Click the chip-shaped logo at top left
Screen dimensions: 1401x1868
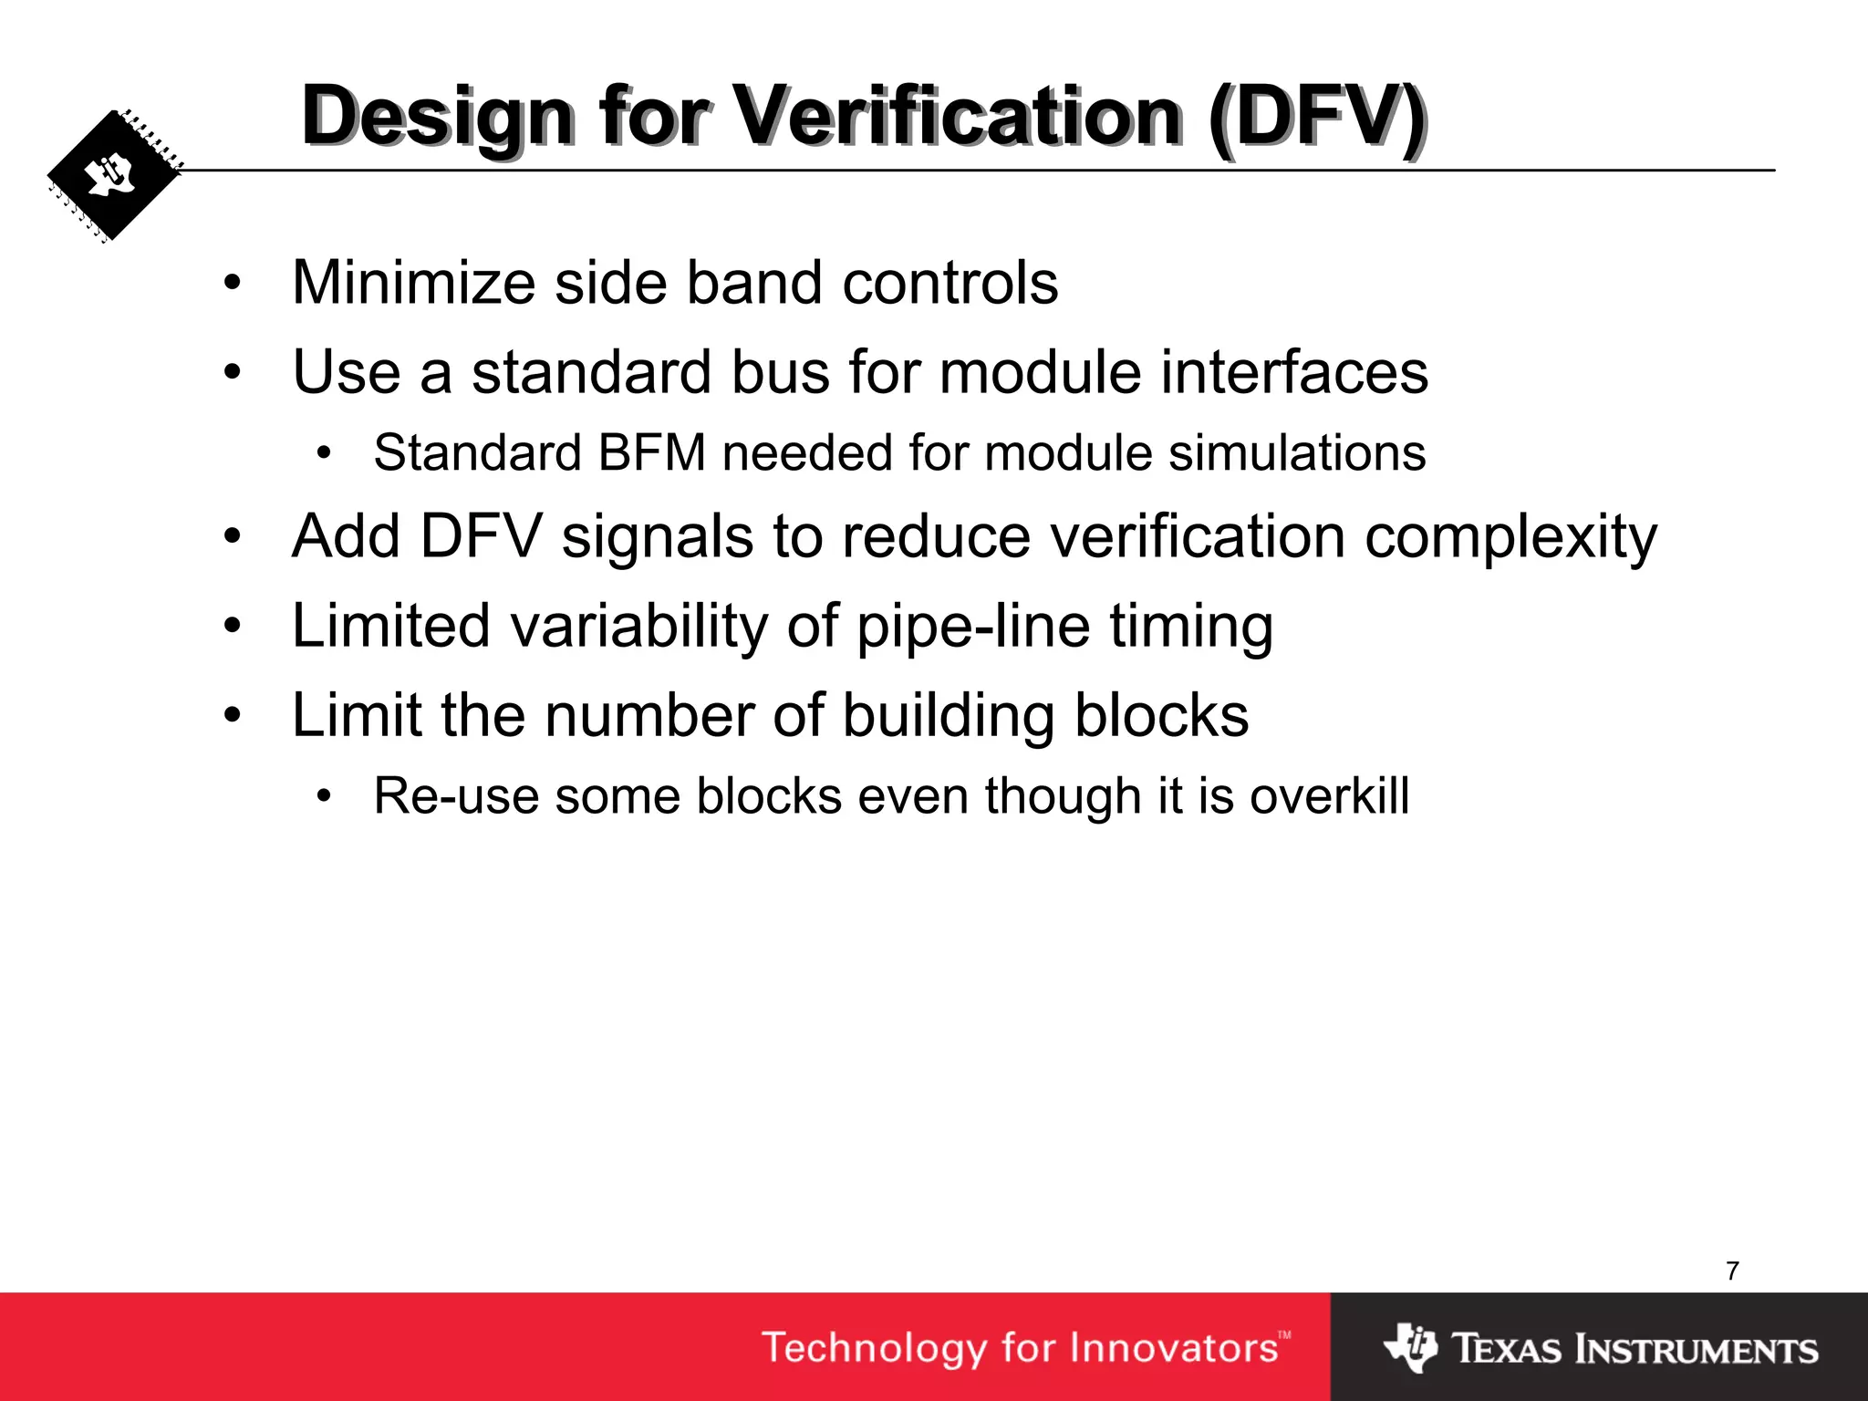(113, 176)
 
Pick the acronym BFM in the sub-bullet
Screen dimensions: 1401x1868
(652, 452)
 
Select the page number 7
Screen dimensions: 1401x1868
(1732, 1271)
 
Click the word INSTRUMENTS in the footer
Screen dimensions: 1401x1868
(1697, 1349)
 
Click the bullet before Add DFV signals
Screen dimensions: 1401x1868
(233, 536)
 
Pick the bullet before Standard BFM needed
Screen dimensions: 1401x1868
(324, 453)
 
